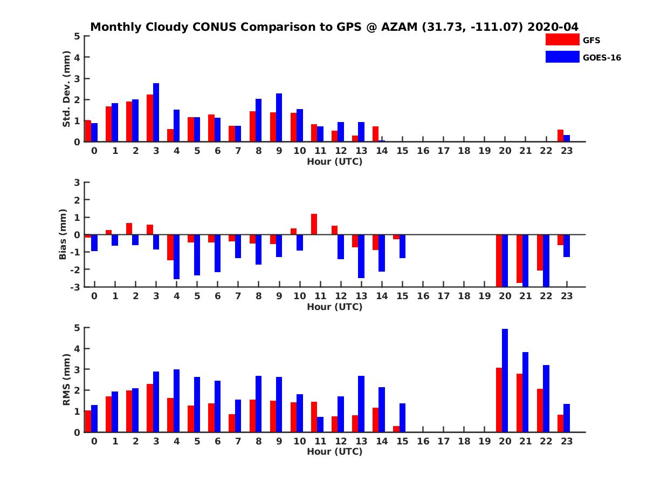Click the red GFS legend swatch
pos(562,40)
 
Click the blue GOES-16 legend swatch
pos(562,57)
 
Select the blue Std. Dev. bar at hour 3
pos(156,112)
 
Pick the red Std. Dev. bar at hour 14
pos(375,134)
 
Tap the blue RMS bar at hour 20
pos(505,380)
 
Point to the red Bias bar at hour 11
pos(314,224)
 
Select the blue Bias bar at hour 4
pos(176,256)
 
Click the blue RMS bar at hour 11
pos(320,424)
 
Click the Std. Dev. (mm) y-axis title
pos(67,89)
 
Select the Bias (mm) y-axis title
pos(63,234)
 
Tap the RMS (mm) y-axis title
pos(67,380)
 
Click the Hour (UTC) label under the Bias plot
pos(334,307)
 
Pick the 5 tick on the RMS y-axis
pos(77,328)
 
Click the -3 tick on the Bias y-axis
pos(76,287)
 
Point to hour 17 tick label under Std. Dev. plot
pos(443,151)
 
